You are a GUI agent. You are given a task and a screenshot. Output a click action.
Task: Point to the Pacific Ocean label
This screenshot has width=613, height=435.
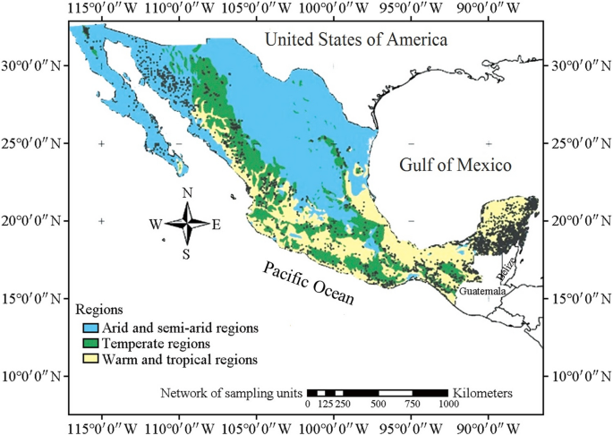[308, 283]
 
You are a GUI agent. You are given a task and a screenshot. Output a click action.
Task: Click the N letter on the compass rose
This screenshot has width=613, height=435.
[187, 193]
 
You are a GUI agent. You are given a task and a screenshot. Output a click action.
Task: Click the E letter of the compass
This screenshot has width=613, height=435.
[216, 225]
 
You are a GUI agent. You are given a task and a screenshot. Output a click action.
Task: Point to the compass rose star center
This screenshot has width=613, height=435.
[187, 224]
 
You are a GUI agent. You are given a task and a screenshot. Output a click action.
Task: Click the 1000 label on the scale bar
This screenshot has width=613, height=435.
[447, 405]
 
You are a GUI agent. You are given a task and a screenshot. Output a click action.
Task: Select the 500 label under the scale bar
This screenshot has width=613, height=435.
[378, 405]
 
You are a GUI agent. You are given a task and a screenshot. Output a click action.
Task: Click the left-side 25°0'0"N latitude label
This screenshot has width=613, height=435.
[30, 143]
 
